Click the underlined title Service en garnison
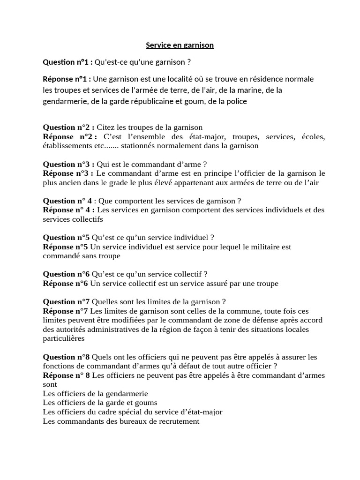180,45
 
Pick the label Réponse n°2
70,136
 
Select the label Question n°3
68,164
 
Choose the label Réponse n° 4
69,210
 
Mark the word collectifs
87,219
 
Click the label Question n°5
66,237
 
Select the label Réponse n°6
65,283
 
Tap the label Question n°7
66,301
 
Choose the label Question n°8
66,357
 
